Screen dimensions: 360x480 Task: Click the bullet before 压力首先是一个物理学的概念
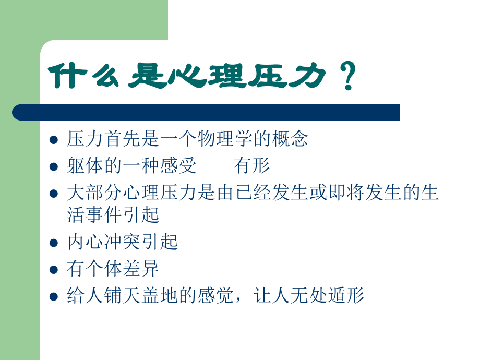pos(53,140)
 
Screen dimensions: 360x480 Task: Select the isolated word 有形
pos(252,166)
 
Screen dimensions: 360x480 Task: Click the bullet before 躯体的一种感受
pos(53,167)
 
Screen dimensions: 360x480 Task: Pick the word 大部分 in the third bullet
pos(93,193)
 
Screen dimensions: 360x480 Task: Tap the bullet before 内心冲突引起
pos(53,243)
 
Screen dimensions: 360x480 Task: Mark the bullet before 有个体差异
pos(53,270)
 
